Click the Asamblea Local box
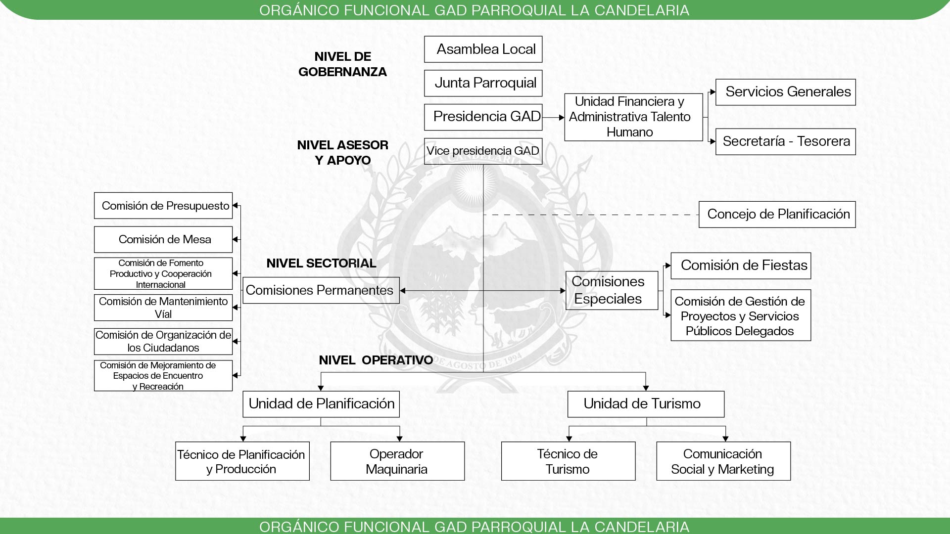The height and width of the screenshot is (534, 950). pyautogui.click(x=483, y=49)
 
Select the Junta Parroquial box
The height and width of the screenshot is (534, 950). pyautogui.click(x=483, y=83)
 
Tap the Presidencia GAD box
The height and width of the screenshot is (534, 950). pyautogui.click(x=483, y=117)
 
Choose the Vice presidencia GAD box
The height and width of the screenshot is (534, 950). pyautogui.click(x=483, y=151)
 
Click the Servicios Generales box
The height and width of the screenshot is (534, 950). pyautogui.click(x=785, y=92)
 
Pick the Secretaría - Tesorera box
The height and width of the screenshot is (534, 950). pyautogui.click(x=785, y=141)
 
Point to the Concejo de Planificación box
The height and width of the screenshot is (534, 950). pyautogui.click(x=777, y=214)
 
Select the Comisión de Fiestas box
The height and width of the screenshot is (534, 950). pyautogui.click(x=741, y=266)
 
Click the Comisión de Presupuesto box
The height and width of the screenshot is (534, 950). pyautogui.click(x=163, y=206)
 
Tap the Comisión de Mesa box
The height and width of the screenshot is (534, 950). pyautogui.click(x=163, y=239)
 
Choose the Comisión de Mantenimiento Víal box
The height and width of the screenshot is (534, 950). pyautogui.click(x=163, y=308)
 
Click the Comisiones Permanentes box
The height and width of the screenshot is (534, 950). pyautogui.click(x=321, y=290)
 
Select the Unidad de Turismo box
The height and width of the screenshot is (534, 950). pyautogui.click(x=646, y=404)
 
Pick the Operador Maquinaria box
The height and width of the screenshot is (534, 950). pyautogui.click(x=397, y=461)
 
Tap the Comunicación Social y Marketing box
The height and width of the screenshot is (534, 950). pyautogui.click(x=723, y=461)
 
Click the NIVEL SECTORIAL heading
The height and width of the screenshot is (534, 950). pyautogui.click(x=321, y=263)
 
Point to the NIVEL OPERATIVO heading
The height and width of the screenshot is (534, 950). pyautogui.click(x=376, y=360)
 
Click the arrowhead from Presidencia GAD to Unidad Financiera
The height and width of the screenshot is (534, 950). pyautogui.click(x=561, y=118)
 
